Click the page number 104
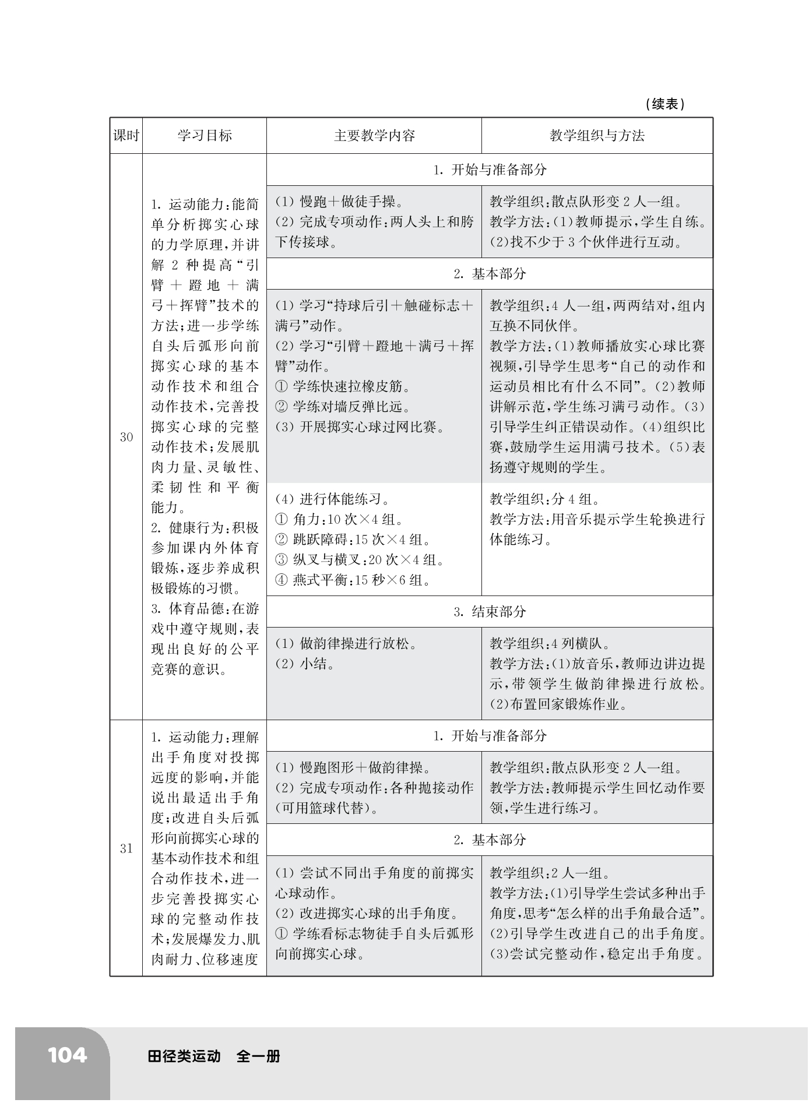coord(68,1055)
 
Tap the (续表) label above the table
coord(665,104)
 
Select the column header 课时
coord(126,136)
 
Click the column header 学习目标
coord(205,136)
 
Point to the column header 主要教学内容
coord(374,136)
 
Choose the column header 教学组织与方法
coord(597,136)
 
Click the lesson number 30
coord(126,437)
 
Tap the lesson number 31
coord(126,848)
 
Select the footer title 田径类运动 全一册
coord(214,1056)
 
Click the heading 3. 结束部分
coord(490,611)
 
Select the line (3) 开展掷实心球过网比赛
coord(360,427)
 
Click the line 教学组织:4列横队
coord(550,643)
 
